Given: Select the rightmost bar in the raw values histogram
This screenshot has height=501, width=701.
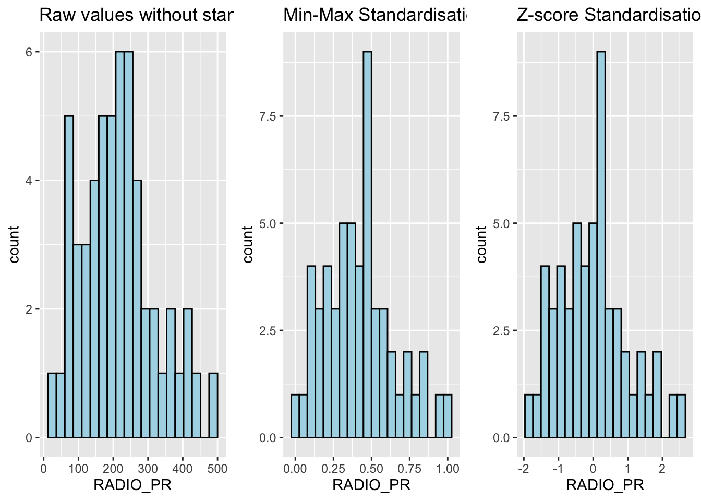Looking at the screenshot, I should [x=213, y=405].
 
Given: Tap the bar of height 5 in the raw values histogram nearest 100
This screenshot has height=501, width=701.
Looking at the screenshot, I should [x=69, y=277].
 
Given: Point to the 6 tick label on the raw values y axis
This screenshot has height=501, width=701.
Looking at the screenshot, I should [x=30, y=52].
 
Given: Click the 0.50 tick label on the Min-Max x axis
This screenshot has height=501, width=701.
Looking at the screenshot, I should [x=371, y=468].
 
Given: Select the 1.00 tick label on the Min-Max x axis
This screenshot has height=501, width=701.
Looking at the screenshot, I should [x=447, y=468].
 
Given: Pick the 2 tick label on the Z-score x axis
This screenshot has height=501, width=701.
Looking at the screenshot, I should [x=662, y=468].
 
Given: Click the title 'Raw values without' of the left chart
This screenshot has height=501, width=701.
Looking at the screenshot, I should [x=136, y=16].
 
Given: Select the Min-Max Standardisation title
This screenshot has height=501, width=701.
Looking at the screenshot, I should [x=374, y=16].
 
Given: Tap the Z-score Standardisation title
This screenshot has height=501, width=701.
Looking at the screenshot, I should [x=608, y=16].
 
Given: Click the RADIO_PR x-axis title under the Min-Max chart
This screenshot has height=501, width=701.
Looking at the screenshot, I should [x=371, y=485].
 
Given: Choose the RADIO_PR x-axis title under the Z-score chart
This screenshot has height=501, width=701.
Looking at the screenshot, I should [x=605, y=485].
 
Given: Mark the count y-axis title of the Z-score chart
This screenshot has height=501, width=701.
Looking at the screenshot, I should [x=481, y=244].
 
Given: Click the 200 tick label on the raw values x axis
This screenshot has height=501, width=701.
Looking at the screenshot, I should [x=113, y=468].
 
